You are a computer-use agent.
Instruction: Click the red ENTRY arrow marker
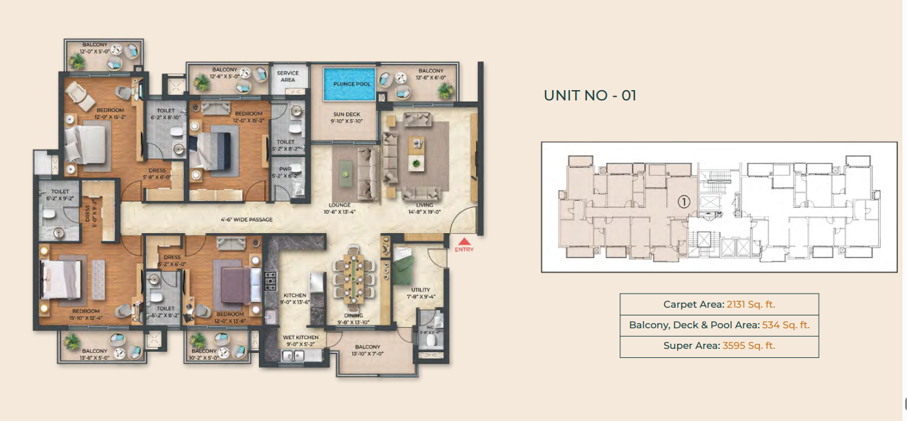[463, 241]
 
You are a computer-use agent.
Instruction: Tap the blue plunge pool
[348, 84]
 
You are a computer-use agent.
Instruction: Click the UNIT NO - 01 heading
[590, 96]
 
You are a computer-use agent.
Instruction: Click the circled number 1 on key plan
[684, 201]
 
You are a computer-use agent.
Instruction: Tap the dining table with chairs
[353, 277]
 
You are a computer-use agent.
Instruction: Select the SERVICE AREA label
[288, 77]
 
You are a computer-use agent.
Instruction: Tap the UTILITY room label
[420, 293]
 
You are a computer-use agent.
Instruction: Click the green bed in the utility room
[406, 267]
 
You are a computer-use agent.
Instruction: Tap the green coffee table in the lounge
[346, 171]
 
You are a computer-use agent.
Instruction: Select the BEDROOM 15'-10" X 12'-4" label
[86, 313]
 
